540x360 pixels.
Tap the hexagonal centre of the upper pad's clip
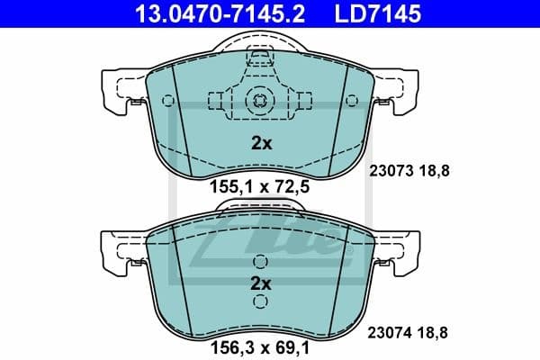pos(259,100)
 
